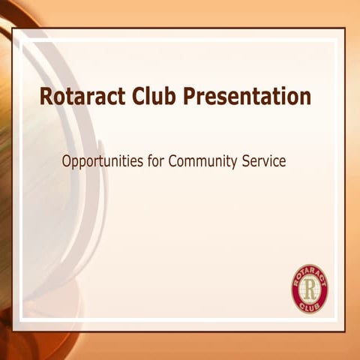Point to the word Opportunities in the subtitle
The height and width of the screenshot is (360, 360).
click(100, 161)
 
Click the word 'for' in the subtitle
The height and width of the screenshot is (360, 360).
click(153, 160)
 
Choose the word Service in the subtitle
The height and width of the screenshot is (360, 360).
click(263, 160)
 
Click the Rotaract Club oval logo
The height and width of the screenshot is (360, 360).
click(310, 288)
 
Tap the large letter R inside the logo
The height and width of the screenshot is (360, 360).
click(310, 287)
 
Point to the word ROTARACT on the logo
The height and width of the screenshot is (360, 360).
click(310, 272)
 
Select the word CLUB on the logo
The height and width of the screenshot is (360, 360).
click(310, 305)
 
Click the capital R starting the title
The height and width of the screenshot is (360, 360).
click(46, 97)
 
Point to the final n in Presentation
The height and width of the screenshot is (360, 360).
click(305, 98)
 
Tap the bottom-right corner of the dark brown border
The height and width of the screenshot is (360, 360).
click(344, 331)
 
